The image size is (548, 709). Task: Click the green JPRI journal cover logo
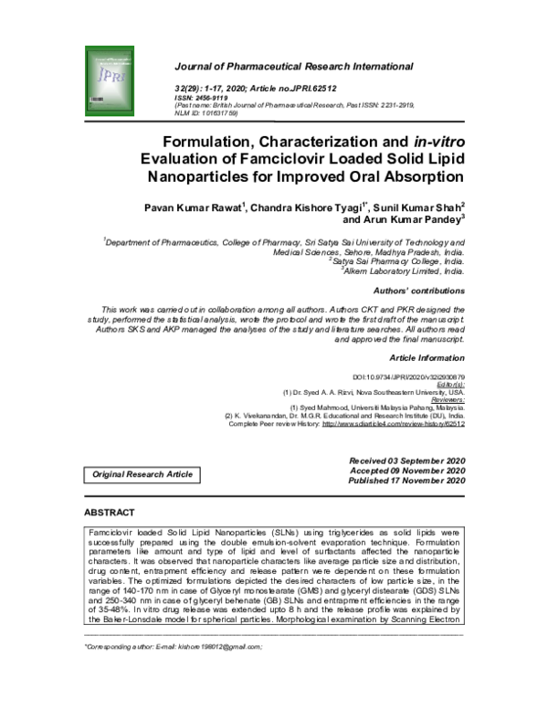[x=118, y=70]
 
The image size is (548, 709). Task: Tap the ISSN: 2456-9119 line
[x=205, y=96]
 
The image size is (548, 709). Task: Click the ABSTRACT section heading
[x=110, y=513]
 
